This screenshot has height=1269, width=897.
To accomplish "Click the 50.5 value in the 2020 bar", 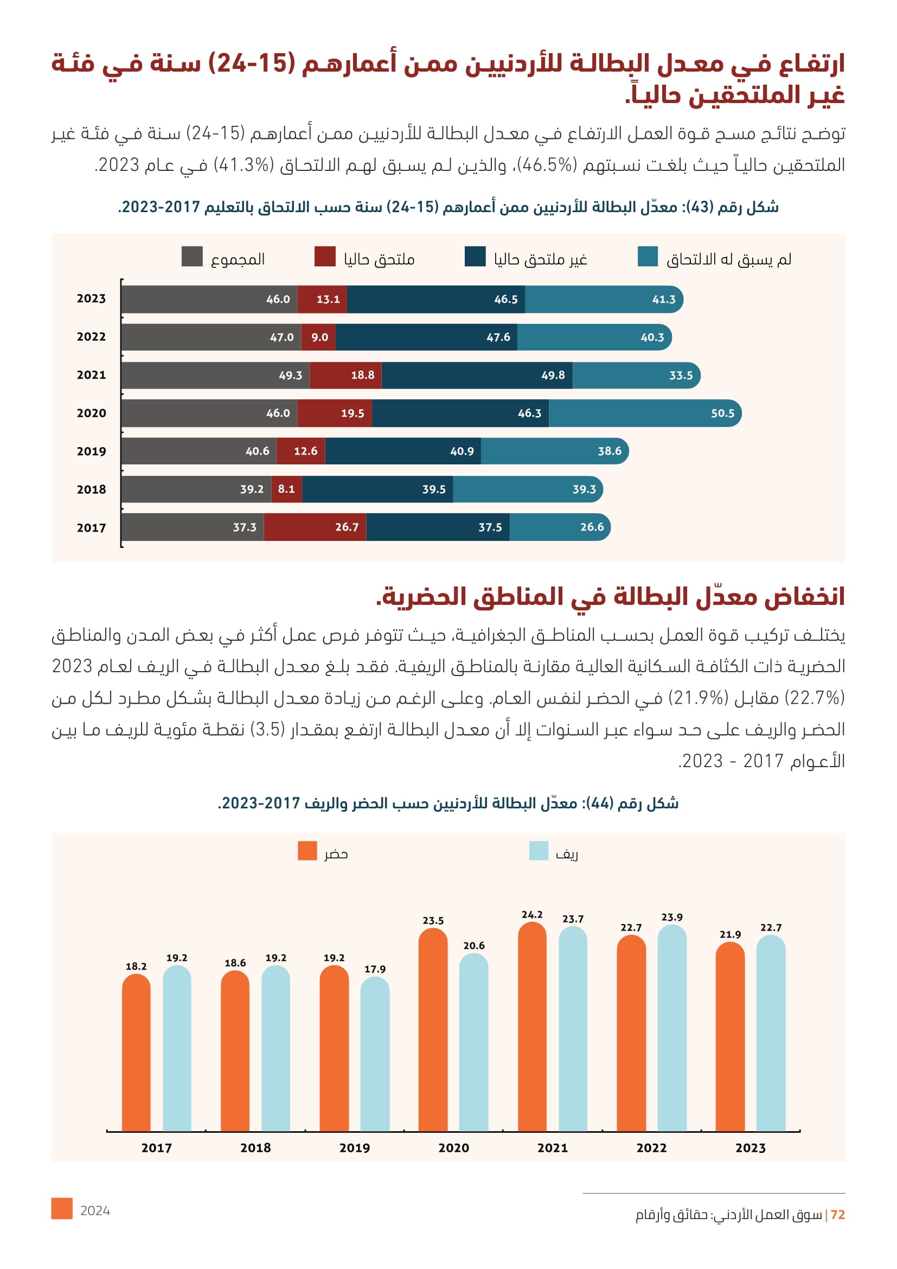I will point(722,413).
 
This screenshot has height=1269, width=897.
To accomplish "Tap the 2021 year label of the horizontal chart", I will point(91,375).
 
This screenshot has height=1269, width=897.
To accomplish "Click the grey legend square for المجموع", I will point(191,257).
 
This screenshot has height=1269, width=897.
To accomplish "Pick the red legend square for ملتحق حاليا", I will point(325,257).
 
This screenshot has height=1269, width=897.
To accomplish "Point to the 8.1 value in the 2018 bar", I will point(286,489).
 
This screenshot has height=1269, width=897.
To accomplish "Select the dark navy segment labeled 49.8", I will point(477,375).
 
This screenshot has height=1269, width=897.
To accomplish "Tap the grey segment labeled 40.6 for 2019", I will point(199,451).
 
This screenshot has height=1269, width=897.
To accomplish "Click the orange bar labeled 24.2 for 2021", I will point(532,1028).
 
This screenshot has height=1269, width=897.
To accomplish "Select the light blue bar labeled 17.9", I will point(375,1056).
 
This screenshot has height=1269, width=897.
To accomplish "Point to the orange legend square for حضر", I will point(307,851).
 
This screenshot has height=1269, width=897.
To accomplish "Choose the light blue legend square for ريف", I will point(539,851).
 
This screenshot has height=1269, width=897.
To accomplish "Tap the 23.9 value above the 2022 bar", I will point(671,917).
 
